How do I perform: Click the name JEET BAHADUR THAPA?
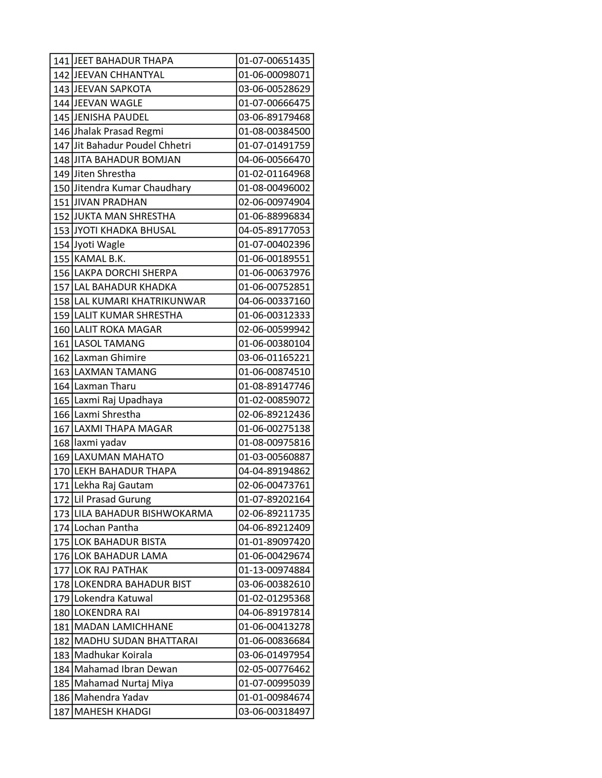tap(124, 61)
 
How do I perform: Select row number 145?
tap(61, 117)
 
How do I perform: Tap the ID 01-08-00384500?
tap(274, 131)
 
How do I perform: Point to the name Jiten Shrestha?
tap(105, 174)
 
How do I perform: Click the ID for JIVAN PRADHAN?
tap(274, 202)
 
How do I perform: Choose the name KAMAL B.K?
tap(100, 259)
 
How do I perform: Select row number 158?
tap(61, 302)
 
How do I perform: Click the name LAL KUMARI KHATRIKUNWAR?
tap(140, 301)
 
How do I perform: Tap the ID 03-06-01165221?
tap(274, 358)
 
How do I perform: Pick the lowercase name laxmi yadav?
tap(100, 443)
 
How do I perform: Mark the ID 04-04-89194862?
tap(274, 471)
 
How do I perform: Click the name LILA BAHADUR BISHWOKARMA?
tap(143, 514)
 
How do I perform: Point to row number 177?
tap(61, 571)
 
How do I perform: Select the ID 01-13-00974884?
tap(274, 570)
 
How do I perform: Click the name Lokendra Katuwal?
tap(113, 598)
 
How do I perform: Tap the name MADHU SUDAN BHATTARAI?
tap(136, 641)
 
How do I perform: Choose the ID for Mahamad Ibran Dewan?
tap(274, 669)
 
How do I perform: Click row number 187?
tap(61, 712)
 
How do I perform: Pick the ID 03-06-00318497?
tap(274, 712)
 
